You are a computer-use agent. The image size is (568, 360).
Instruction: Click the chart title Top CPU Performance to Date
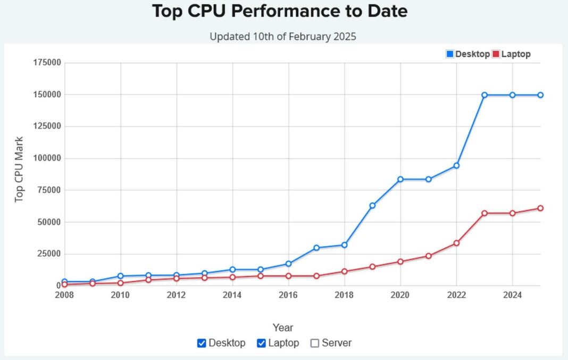click(280, 11)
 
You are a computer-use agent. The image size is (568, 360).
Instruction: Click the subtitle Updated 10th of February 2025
click(282, 37)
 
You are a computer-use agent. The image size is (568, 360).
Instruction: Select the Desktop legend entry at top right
click(467, 54)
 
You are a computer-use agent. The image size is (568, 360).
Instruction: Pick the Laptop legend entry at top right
click(511, 54)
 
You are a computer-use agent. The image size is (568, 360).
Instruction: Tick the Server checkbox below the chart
click(315, 343)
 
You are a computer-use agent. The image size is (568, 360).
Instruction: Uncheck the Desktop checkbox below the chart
click(202, 343)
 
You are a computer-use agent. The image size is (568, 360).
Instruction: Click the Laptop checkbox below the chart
click(261, 343)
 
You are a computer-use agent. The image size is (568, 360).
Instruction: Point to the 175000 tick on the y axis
click(47, 63)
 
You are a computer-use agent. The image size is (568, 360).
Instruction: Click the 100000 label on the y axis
click(47, 158)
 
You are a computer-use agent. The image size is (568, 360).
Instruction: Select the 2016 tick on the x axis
click(288, 295)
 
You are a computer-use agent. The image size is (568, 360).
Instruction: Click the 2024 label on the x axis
click(512, 295)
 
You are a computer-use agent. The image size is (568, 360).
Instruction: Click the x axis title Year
click(282, 328)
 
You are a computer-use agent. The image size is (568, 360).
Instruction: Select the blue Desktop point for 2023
click(485, 95)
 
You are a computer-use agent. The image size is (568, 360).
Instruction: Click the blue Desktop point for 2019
click(372, 205)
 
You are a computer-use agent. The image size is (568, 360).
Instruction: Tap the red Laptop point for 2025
click(540, 208)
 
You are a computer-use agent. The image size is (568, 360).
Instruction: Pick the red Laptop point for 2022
click(456, 243)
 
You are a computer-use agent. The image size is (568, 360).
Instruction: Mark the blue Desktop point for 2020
click(400, 179)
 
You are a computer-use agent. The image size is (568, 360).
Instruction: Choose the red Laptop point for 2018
click(345, 271)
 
